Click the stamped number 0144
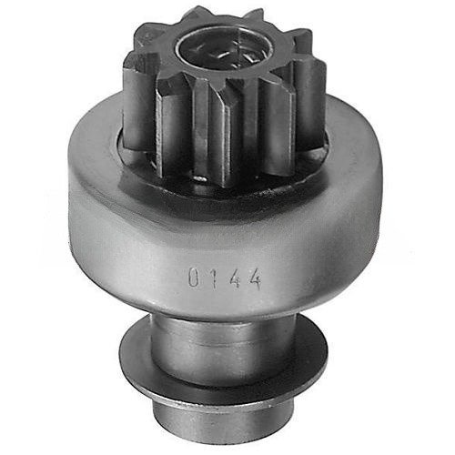(x=225, y=278)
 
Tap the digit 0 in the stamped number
(x=194, y=277)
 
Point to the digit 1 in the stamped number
(x=213, y=278)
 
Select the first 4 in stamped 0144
(x=235, y=278)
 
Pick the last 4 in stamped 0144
(x=254, y=279)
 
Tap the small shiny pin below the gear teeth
(x=200, y=179)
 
